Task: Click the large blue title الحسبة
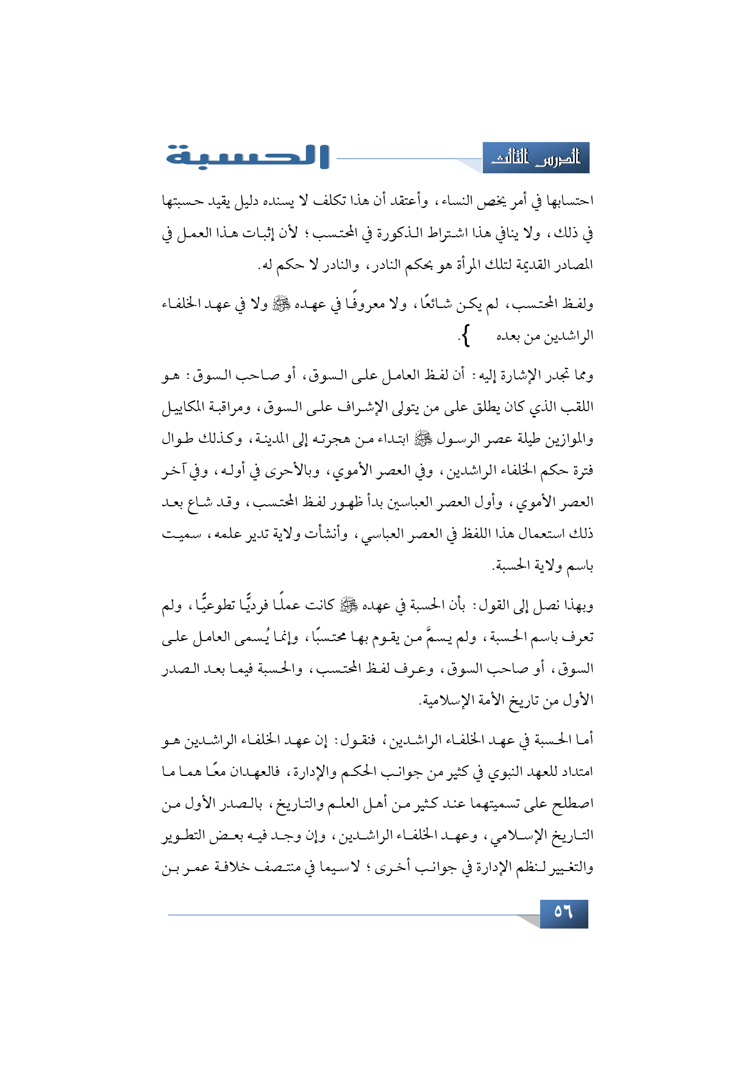click(x=247, y=157)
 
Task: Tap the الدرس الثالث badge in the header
click(x=536, y=159)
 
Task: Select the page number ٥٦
click(x=563, y=913)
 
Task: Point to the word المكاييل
click(x=187, y=408)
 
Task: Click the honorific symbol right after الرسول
click(x=421, y=438)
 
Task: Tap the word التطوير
click(x=185, y=836)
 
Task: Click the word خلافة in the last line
click(x=232, y=867)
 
